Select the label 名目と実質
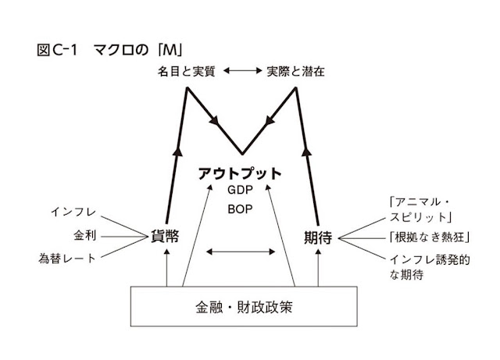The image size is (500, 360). [x=183, y=71]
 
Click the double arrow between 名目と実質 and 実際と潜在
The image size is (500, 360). [x=241, y=71]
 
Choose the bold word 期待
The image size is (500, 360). [x=319, y=236]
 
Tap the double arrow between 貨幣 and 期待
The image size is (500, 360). [x=241, y=251]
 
